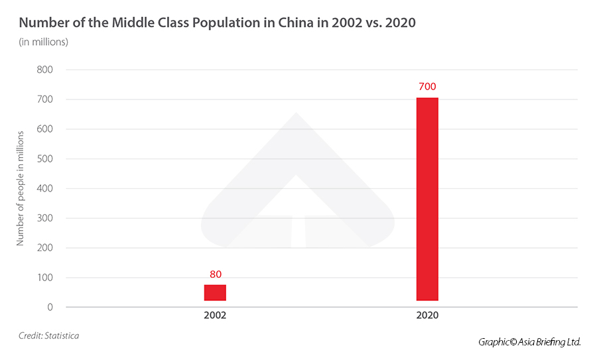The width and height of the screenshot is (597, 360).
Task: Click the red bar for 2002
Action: [x=215, y=292]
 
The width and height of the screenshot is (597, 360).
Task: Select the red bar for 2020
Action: [x=427, y=199]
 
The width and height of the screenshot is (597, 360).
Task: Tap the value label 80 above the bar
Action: [x=215, y=274]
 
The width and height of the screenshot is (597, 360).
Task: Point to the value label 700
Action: [x=427, y=87]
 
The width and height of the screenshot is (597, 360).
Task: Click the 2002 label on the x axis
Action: [x=215, y=316]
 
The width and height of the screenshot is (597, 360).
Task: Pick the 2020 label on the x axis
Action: [x=427, y=316]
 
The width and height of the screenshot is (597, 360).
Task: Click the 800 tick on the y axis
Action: [x=44, y=70]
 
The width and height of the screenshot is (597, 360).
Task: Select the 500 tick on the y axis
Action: [x=44, y=158]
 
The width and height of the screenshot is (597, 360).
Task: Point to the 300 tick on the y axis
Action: [x=44, y=218]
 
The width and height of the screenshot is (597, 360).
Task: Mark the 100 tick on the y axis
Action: [x=44, y=277]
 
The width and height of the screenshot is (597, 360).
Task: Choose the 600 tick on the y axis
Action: [x=44, y=129]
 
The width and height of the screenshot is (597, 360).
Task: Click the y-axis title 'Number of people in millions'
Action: [x=21, y=188]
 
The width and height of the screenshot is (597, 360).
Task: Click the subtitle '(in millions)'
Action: [x=43, y=42]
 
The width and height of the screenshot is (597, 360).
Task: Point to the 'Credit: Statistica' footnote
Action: [x=48, y=335]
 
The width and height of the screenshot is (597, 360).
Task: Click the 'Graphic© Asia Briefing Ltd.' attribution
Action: [x=529, y=342]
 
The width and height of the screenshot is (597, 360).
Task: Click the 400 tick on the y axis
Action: [x=44, y=188]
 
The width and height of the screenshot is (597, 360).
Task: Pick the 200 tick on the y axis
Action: [x=44, y=248]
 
